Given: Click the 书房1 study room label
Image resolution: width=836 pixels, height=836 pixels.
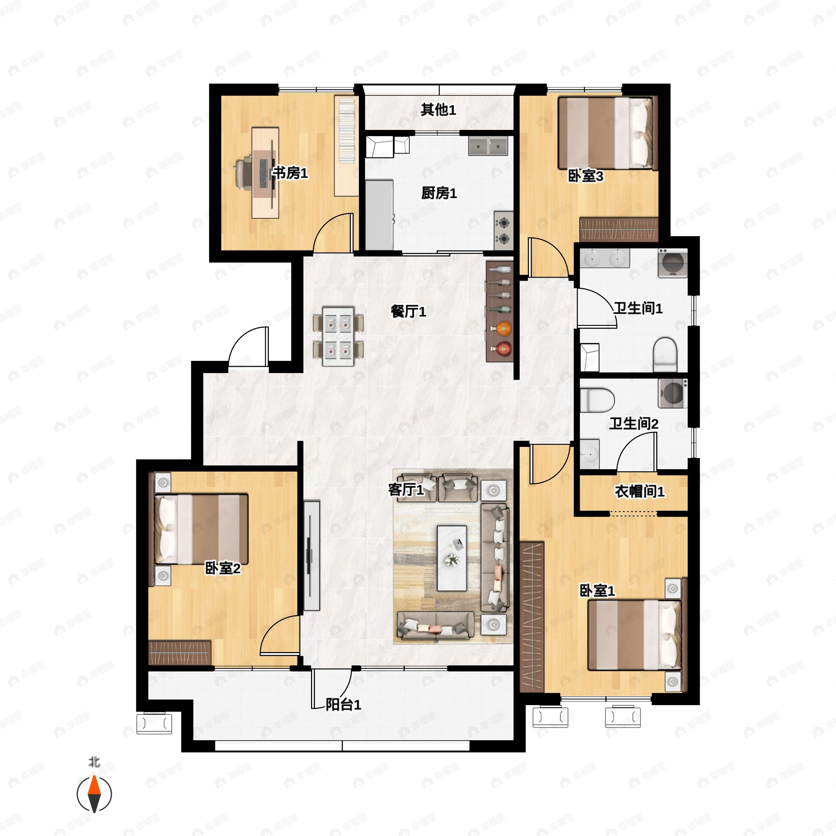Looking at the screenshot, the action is [x=290, y=173].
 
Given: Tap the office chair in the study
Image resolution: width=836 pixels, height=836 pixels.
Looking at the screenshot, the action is [x=244, y=173].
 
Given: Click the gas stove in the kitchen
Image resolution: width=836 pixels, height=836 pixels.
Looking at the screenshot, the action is [x=504, y=231].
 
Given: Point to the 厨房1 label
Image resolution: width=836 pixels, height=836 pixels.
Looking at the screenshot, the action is [x=439, y=193].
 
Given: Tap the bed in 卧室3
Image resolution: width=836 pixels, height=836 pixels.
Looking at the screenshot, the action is [x=605, y=132].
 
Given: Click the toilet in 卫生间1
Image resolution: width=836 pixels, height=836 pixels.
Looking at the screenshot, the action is [x=665, y=354].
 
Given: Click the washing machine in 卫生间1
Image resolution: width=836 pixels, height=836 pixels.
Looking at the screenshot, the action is [x=672, y=263].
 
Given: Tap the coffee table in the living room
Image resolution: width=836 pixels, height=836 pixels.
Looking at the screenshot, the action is [x=452, y=558].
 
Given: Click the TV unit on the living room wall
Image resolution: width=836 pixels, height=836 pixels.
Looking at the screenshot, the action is [x=311, y=556].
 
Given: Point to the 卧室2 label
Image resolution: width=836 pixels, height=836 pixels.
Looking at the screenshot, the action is [x=223, y=568].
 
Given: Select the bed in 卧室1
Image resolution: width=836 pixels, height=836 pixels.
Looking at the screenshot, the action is [x=634, y=635].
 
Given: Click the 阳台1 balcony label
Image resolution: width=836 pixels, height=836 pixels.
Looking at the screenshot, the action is [x=343, y=705].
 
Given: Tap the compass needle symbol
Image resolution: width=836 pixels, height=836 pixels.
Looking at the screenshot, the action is [x=94, y=794].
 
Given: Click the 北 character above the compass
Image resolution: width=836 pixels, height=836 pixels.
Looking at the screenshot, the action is [x=94, y=762].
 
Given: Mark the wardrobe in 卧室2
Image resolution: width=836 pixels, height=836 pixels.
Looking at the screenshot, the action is [x=180, y=652].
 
